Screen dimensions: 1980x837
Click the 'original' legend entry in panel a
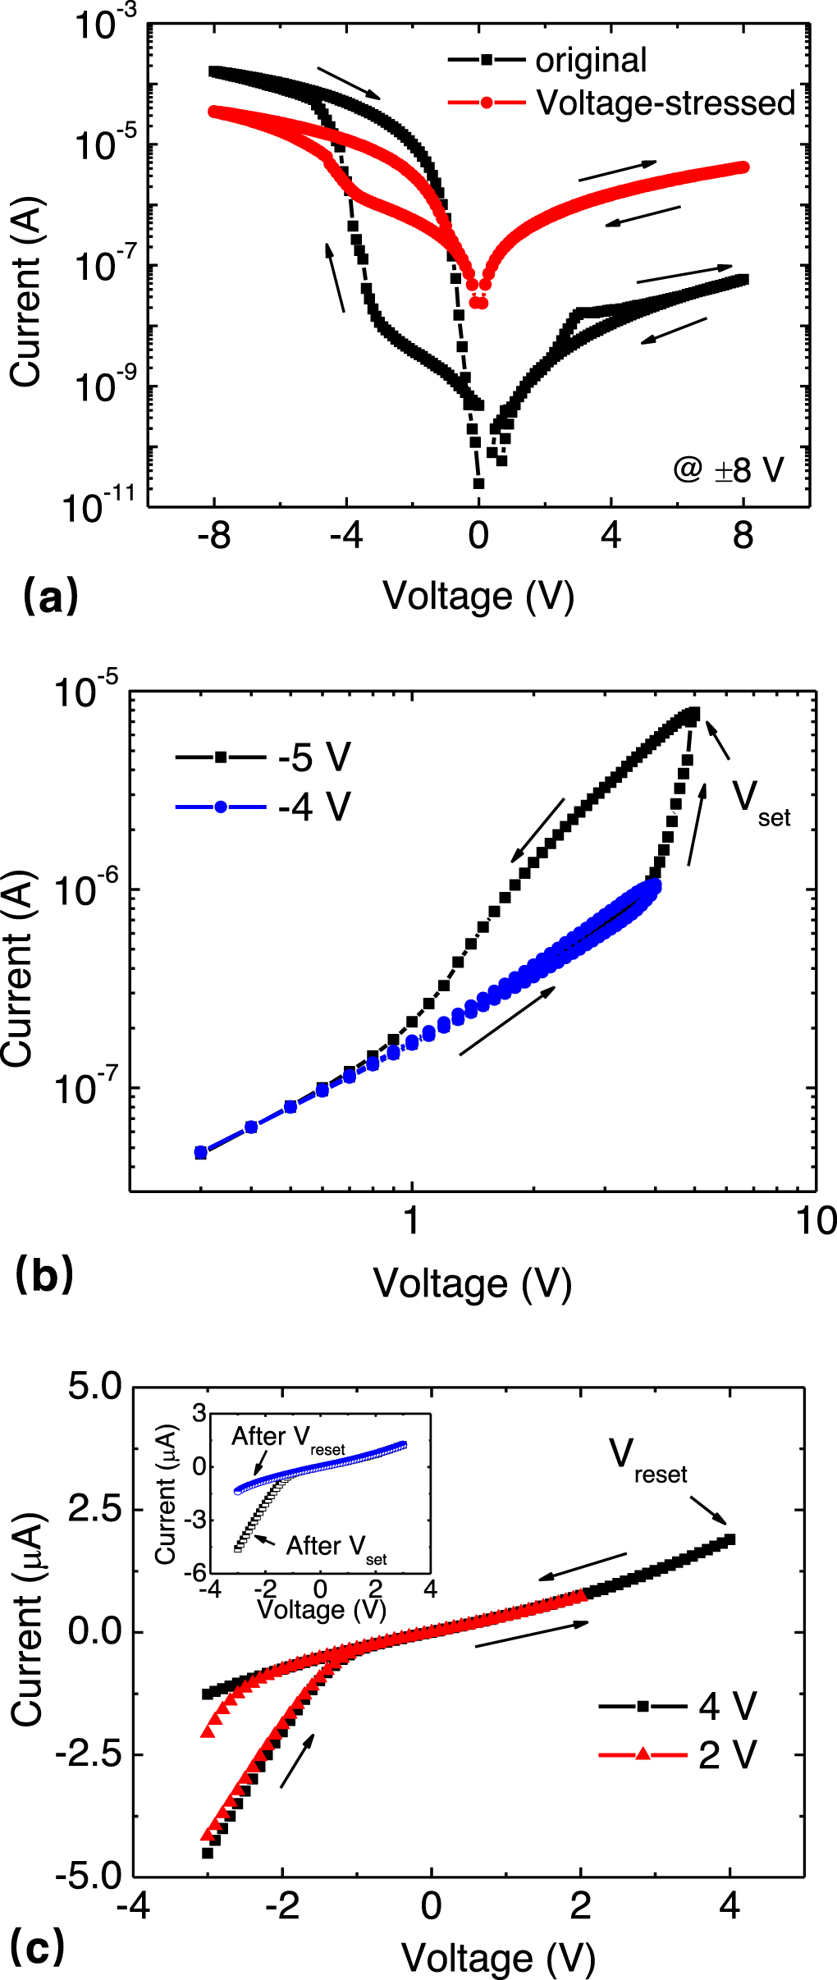tap(590, 61)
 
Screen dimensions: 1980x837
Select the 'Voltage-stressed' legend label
tap(665, 103)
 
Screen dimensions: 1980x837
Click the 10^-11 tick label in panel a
tap(98, 507)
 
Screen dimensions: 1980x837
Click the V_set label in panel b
tap(759, 800)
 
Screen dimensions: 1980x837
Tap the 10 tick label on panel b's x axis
tap(816, 1221)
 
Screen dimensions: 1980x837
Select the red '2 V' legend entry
tap(727, 1755)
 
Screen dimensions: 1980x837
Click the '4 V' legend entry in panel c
tap(727, 1707)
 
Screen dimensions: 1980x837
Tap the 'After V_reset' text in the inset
tap(287, 1438)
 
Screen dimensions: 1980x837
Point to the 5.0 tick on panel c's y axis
tap(95, 1387)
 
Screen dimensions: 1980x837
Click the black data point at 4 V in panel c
tap(730, 1540)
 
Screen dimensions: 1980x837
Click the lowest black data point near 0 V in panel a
tap(478, 484)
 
